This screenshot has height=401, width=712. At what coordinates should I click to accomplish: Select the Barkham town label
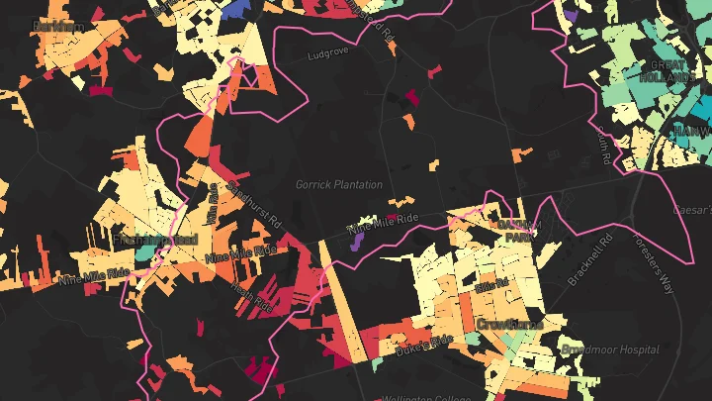click(x=56, y=28)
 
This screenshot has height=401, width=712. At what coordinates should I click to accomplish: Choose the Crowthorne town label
click(x=509, y=324)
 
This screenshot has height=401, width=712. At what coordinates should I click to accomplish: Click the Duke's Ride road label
click(x=423, y=345)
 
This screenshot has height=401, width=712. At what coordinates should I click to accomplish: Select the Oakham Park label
click(x=519, y=231)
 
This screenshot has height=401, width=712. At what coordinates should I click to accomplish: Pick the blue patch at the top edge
click(x=235, y=8)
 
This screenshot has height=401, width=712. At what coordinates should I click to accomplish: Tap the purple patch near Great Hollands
click(x=571, y=16)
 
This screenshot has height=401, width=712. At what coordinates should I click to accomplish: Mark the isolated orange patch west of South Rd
click(x=521, y=153)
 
